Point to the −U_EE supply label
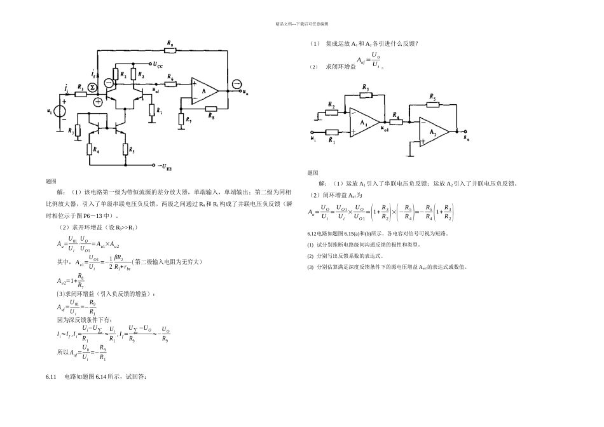(x=163, y=166)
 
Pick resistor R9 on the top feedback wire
(x=170, y=51)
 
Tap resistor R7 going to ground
(x=181, y=119)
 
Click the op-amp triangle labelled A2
(x=432, y=132)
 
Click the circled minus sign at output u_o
(x=236, y=85)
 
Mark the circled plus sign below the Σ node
(x=97, y=102)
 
